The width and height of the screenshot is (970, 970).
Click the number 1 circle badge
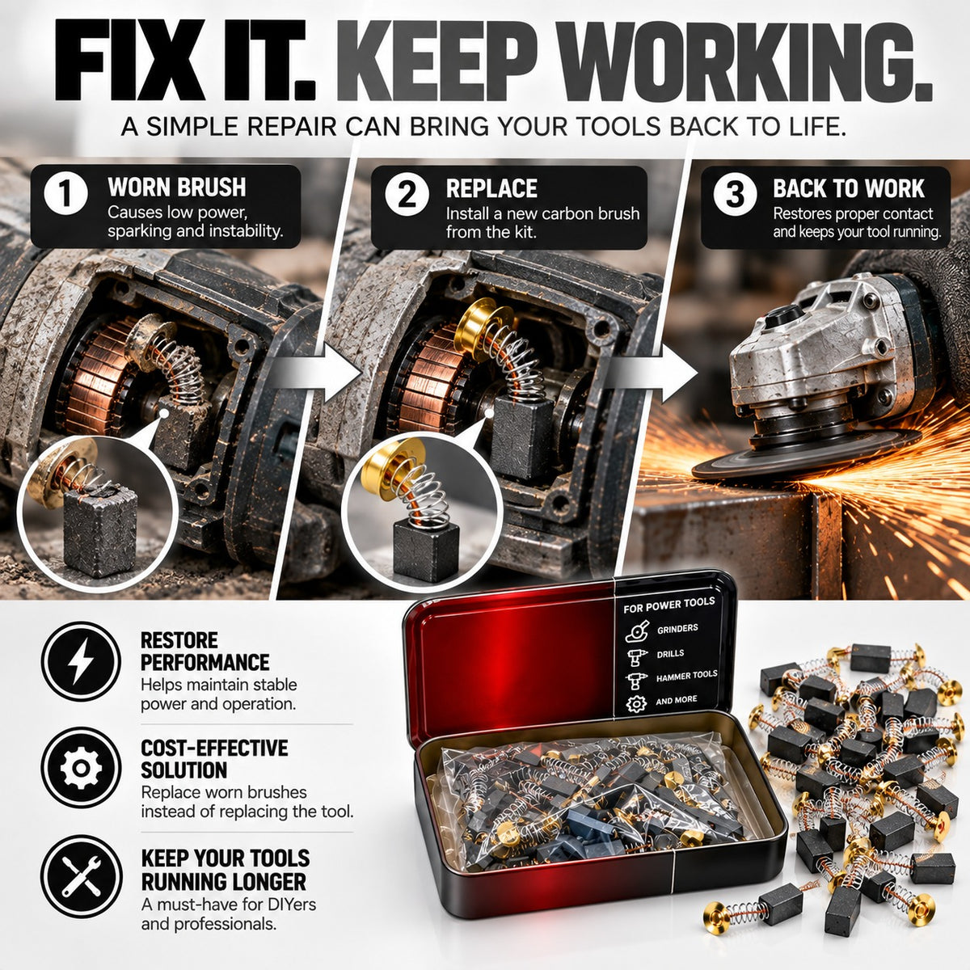click(66, 194)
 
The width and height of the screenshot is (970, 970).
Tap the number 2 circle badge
click(407, 195)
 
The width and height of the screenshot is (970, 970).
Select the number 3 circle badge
click(735, 194)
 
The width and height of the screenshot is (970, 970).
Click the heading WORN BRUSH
click(177, 187)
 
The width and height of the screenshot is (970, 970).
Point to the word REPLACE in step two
click(491, 189)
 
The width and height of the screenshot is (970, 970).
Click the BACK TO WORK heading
click(849, 188)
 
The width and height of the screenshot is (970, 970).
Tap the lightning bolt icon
click(81, 661)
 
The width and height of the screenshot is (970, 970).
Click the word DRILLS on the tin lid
click(670, 653)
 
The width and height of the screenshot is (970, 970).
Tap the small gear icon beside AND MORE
click(636, 703)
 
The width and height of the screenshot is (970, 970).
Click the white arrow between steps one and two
click(317, 373)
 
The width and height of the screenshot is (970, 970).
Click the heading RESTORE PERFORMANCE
click(205, 652)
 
